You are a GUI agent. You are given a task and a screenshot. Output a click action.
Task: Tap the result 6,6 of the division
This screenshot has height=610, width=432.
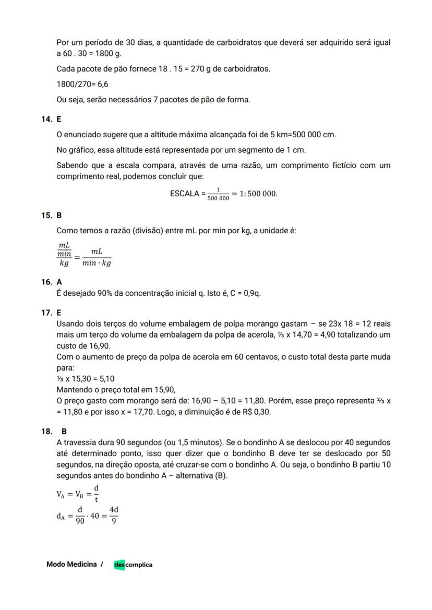tap(103, 84)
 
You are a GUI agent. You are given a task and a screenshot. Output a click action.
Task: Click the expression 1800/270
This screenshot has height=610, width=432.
tap(74, 84)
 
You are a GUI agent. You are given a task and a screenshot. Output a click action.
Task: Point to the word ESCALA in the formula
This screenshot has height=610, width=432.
tap(184, 194)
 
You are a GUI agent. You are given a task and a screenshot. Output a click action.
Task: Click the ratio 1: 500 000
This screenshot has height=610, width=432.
tap(257, 194)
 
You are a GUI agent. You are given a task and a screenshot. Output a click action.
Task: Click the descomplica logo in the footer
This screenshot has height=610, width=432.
tap(133, 565)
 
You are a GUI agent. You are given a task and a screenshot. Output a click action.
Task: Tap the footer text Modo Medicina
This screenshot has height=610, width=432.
tap(71, 564)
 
